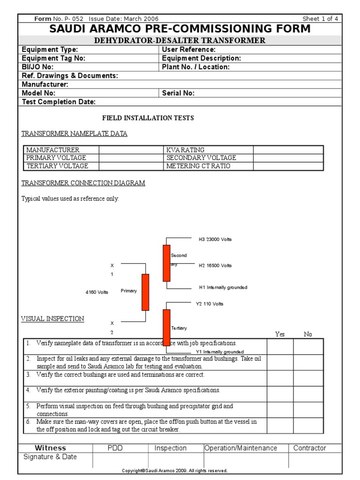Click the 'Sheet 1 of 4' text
[320, 19]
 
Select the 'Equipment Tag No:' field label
[54, 59]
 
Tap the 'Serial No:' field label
[178, 93]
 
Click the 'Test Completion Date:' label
[59, 102]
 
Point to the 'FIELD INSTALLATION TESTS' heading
[148, 118]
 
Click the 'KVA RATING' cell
[186, 150]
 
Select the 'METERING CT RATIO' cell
[198, 166]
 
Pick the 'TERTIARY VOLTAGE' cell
[57, 166]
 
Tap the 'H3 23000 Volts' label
[215, 240]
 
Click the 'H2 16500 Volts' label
[215, 266]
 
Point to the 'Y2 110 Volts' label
[210, 304]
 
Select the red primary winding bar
[145, 292]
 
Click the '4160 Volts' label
[97, 292]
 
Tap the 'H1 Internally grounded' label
[223, 287]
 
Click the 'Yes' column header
[280, 334]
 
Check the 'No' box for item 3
[308, 378]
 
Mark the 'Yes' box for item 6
[280, 426]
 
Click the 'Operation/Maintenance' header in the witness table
[241, 448]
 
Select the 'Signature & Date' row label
[50, 457]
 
